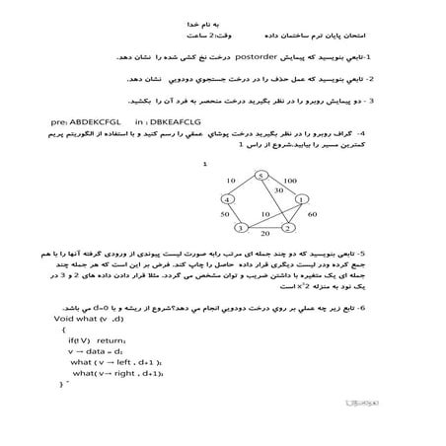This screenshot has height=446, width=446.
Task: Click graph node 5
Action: point(260,176)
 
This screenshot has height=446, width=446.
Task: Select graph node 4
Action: point(225,200)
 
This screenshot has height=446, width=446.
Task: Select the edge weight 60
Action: point(312,214)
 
